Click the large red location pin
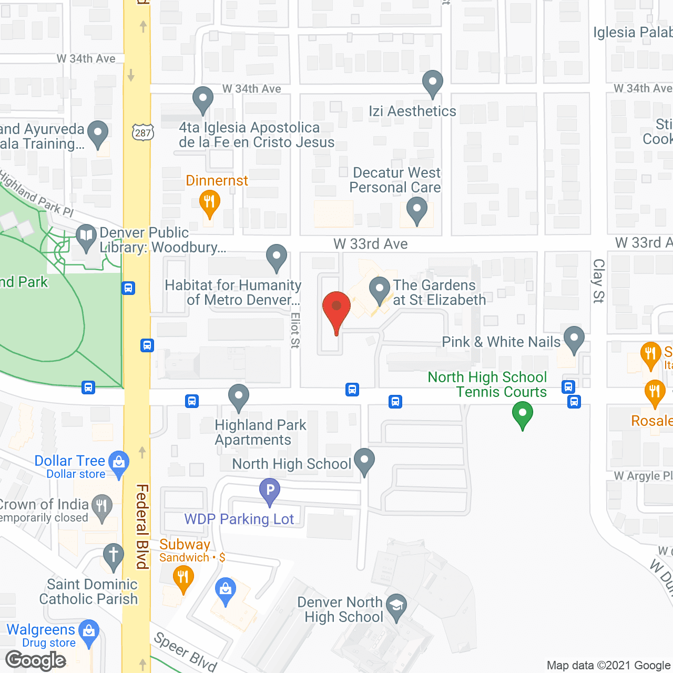tap(336, 308)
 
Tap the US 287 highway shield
tap(142, 132)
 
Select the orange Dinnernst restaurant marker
tap(209, 202)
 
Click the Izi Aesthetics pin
tap(432, 83)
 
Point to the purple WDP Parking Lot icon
tap(269, 491)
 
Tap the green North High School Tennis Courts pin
tap(522, 413)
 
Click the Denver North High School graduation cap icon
tap(396, 607)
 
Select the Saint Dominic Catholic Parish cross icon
tap(113, 556)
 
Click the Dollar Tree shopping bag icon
tap(119, 463)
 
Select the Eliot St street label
tap(295, 330)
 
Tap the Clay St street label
tap(598, 281)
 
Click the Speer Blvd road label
tap(185, 652)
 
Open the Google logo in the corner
tap(36, 660)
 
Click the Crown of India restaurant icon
tap(101, 507)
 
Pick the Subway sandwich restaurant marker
tap(183, 579)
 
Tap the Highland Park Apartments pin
tap(238, 397)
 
